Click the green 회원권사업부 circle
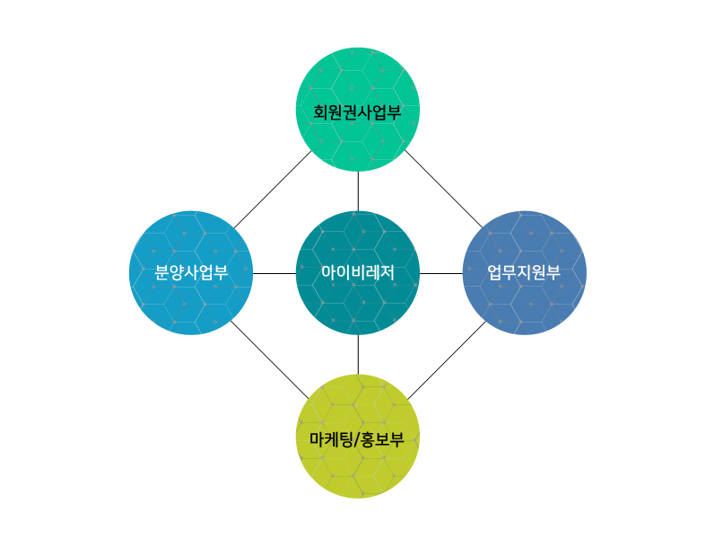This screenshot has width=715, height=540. [x=358, y=110]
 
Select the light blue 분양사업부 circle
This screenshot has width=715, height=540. [x=191, y=273]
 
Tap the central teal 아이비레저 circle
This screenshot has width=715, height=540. [x=358, y=273]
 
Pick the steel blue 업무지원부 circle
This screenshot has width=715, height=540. [x=525, y=273]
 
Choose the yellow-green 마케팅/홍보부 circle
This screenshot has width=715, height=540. [x=358, y=437]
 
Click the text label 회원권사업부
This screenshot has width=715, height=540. [x=357, y=112]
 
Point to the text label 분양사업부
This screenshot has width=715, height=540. [x=191, y=273]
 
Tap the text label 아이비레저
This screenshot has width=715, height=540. [x=358, y=273]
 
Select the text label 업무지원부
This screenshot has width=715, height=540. [x=524, y=273]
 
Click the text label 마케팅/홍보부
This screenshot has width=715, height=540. [x=357, y=439]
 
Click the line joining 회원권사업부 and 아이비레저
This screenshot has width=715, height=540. [x=358, y=191]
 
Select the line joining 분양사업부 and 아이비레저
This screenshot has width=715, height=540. [x=275, y=274]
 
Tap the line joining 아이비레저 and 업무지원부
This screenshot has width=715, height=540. [x=441, y=274]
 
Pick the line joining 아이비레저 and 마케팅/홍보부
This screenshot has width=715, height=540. [x=358, y=355]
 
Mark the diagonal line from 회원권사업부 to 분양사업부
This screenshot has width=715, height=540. [x=273, y=190]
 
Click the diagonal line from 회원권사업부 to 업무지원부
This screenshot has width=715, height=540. [x=443, y=188]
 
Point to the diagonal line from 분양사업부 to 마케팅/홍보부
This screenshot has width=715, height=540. [x=269, y=359]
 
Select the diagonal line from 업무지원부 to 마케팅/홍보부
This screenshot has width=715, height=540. [x=447, y=360]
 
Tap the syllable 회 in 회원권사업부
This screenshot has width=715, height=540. [x=320, y=112]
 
